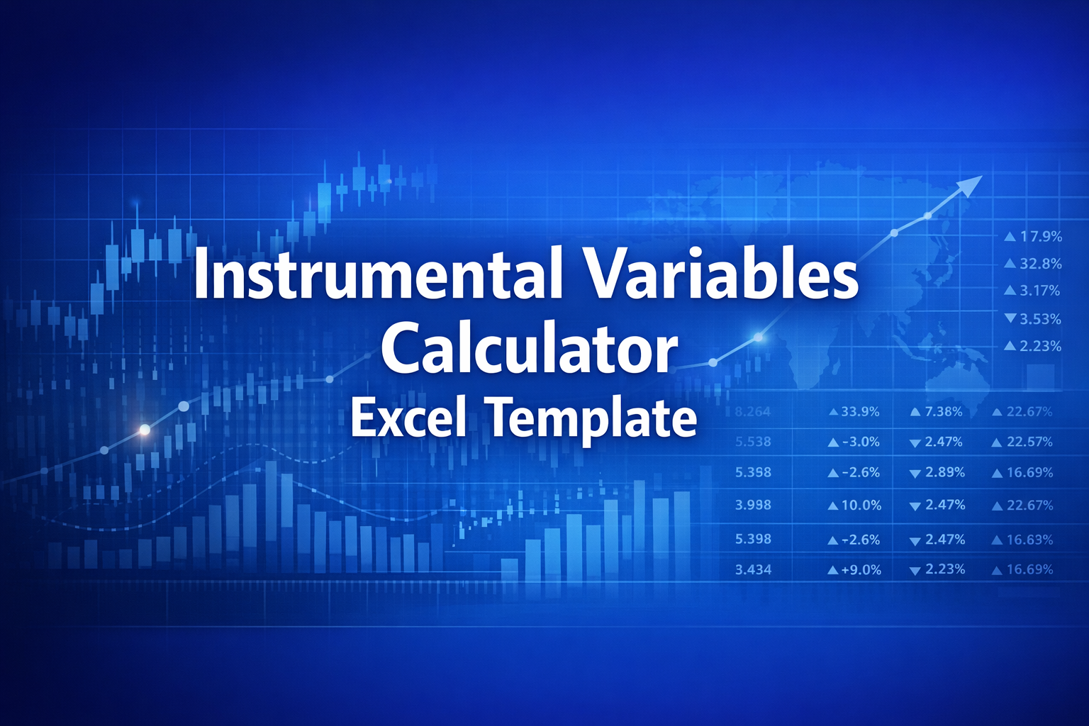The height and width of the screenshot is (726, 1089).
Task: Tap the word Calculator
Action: coord(528,348)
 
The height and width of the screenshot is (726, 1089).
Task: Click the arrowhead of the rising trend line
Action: coord(970,186)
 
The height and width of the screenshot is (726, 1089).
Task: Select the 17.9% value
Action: coord(1041,237)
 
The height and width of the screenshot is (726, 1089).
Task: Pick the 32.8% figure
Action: coord(1041,264)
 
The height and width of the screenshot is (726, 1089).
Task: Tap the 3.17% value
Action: coord(1040,291)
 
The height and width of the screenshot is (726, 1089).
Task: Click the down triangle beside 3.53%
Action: coord(1010,318)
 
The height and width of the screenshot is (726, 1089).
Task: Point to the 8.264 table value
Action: coord(753,411)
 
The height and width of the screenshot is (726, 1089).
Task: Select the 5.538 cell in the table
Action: coord(753,442)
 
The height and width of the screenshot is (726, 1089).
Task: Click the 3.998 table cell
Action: coord(753,505)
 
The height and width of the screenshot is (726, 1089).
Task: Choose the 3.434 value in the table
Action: coord(753,569)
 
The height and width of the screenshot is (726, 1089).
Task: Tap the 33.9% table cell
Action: coord(860,411)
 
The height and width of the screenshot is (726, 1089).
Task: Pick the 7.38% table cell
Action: coord(944,411)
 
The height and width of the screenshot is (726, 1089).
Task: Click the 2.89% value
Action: coord(945,472)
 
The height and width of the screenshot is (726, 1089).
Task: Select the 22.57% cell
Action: coord(1029,442)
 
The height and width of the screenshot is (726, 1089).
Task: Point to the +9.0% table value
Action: coord(861,569)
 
